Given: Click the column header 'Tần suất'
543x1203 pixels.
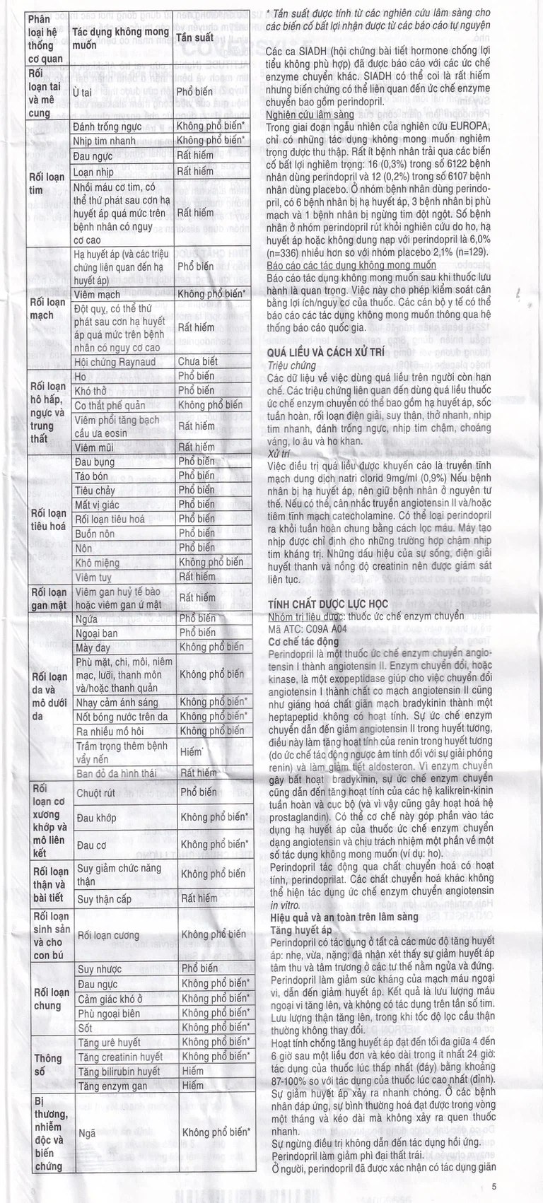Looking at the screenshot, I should tap(194, 37).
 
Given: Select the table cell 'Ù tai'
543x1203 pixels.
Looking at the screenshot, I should tap(82, 93).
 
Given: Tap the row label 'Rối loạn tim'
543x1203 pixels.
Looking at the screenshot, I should tap(47, 183).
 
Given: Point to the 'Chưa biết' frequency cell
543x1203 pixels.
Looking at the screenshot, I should tap(198, 362).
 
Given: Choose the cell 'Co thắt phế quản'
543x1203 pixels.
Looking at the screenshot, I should tap(110, 406).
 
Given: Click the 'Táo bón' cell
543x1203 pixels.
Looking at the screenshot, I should tap(91, 476).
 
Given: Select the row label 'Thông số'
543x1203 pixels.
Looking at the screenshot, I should tap(48, 1064).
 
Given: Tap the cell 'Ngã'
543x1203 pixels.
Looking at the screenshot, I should tap(87, 1132).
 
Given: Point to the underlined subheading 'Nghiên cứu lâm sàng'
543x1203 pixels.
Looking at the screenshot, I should tap(310, 115).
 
